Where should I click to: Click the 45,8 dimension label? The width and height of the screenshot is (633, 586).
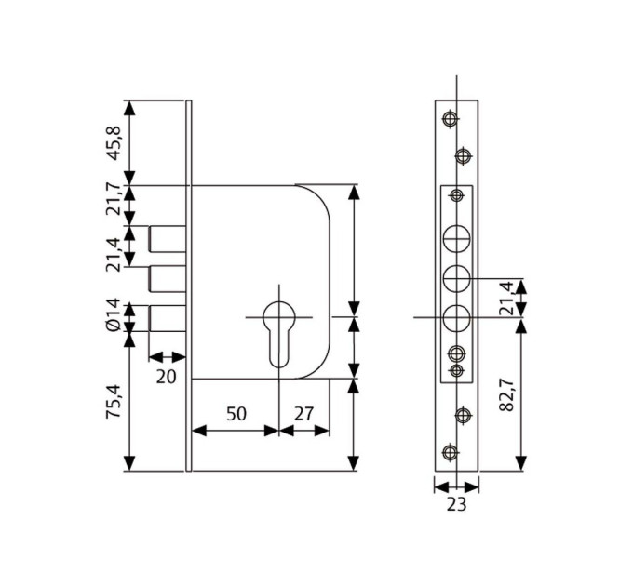coord(114,143)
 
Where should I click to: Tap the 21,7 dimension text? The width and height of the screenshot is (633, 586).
coord(114,199)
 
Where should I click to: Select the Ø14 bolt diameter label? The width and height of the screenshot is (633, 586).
coord(114,315)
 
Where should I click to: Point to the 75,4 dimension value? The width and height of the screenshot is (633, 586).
coord(114,401)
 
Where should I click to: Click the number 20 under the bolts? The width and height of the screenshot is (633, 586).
coord(167,377)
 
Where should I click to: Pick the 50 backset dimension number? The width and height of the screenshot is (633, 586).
coord(236,414)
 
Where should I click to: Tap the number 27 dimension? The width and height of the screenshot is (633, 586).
coord(304,414)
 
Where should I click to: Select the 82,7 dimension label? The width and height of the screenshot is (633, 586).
coord(506,394)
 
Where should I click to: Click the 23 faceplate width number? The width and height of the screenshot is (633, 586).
coord(456,504)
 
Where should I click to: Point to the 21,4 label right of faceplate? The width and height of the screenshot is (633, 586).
coord(506,298)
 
